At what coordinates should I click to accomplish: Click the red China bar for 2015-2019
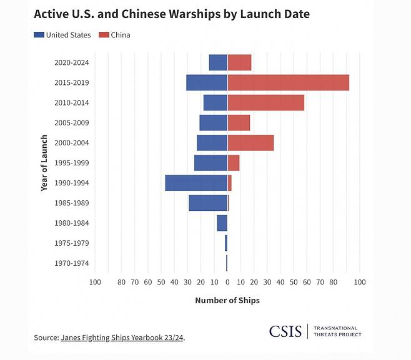(288, 82)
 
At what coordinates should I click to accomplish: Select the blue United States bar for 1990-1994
(196, 183)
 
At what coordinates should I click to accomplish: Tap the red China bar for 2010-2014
(265, 102)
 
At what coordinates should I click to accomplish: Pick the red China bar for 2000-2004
(250, 143)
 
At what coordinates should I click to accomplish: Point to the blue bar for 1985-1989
(208, 203)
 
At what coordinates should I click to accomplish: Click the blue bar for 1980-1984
(222, 223)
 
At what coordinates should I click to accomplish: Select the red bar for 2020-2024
(239, 62)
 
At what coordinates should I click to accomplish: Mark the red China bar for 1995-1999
(233, 163)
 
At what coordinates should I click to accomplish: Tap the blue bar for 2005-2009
(213, 123)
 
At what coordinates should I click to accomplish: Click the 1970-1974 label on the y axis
(72, 263)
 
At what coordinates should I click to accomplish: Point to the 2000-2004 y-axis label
(72, 143)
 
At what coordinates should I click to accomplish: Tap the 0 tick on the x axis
(227, 283)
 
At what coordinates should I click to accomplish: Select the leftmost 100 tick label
(95, 283)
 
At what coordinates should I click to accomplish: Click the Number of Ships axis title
(227, 300)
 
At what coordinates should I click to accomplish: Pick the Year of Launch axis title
(44, 162)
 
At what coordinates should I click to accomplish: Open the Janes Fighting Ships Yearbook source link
(122, 338)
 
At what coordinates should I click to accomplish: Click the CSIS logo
(285, 331)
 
